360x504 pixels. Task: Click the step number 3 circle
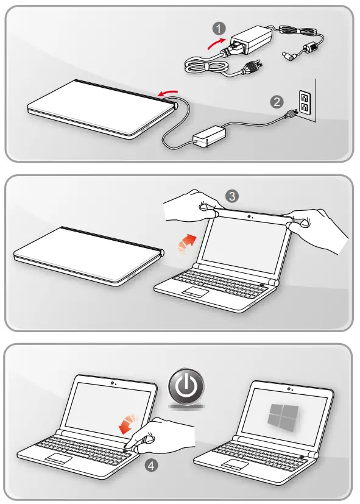pos(231,196)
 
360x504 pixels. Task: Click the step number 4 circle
pos(149,466)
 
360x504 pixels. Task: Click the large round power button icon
pos(187,387)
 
